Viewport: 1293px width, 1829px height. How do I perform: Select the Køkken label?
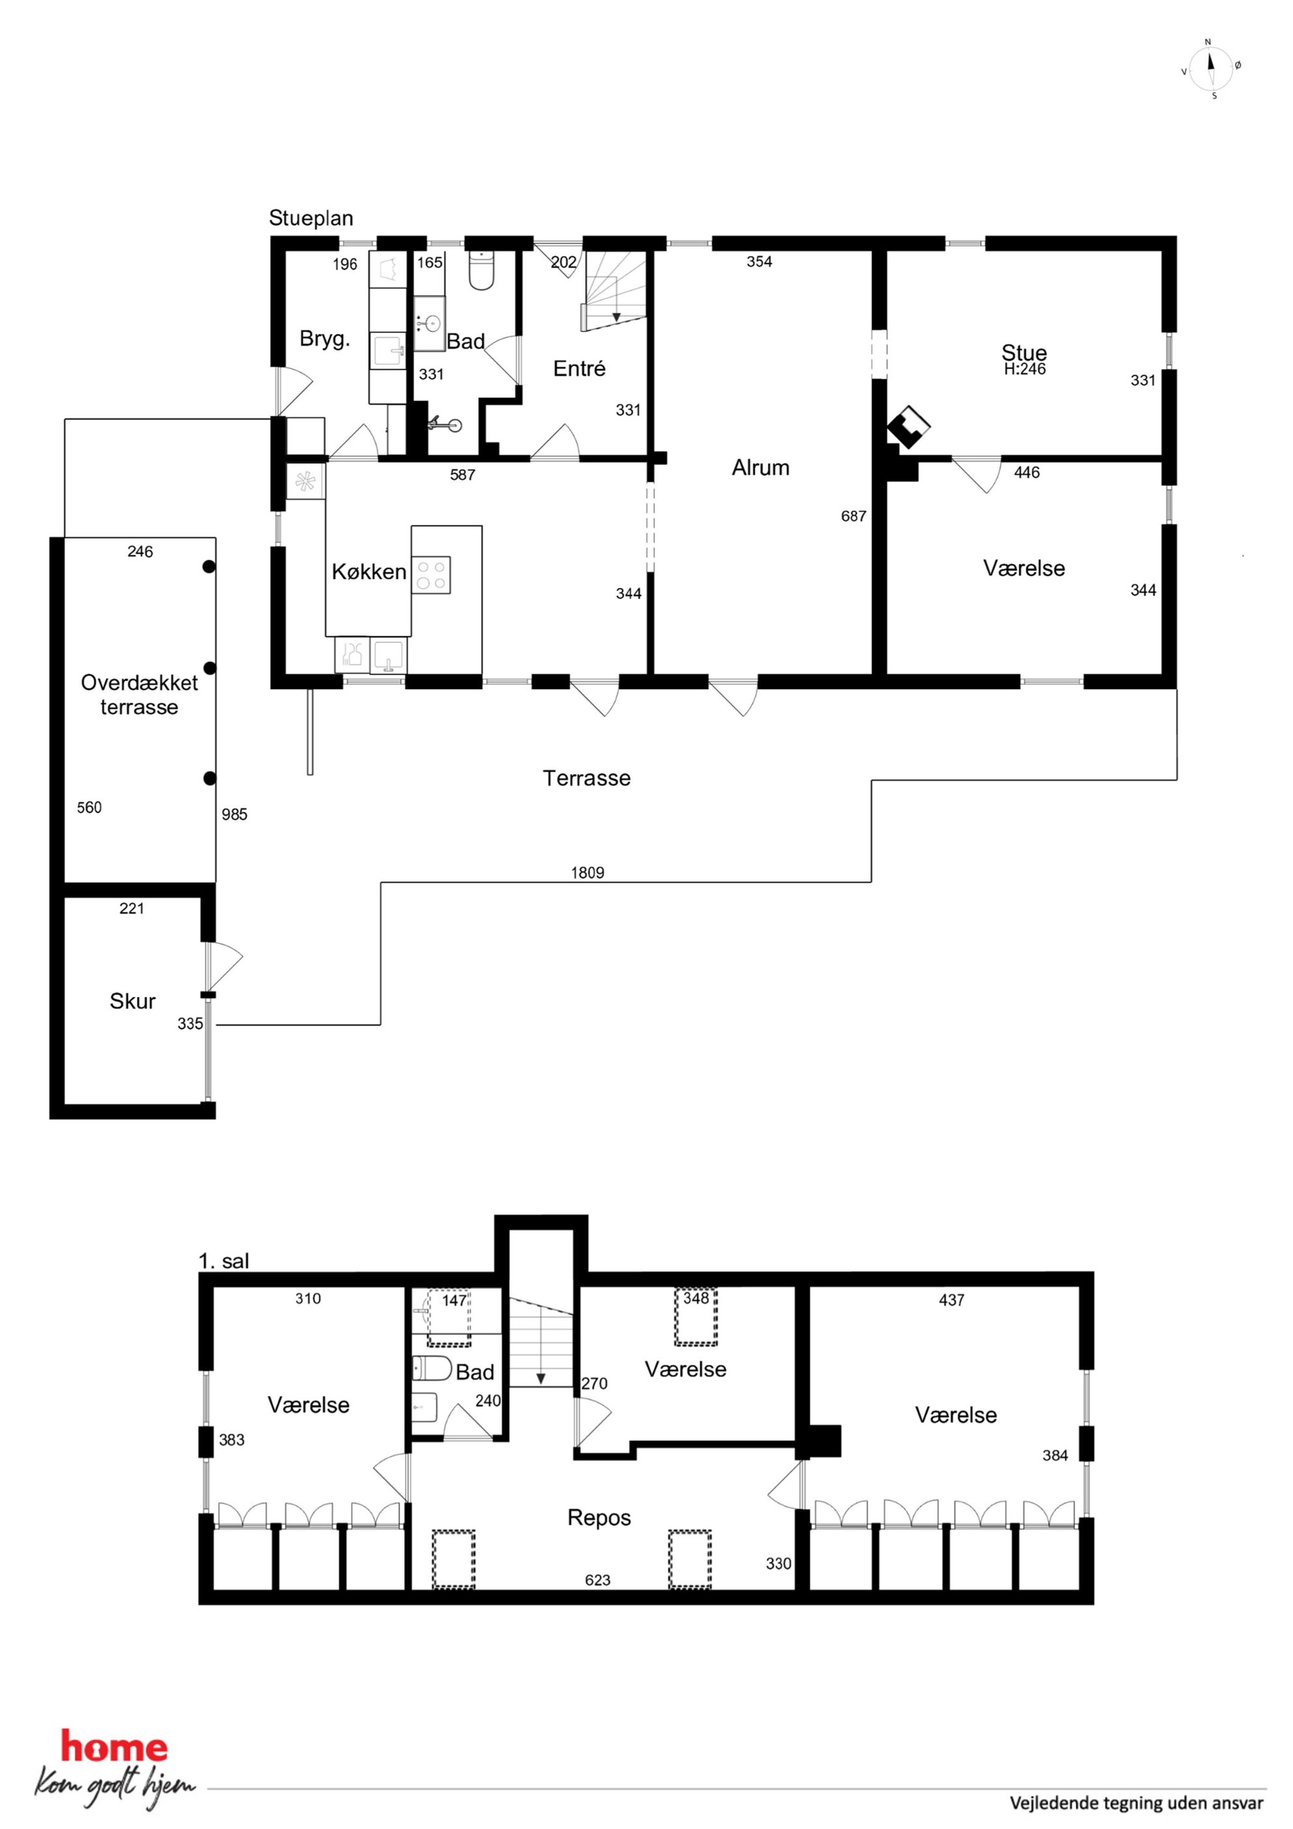[x=369, y=571]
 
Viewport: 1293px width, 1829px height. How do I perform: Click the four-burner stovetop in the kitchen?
[x=431, y=574]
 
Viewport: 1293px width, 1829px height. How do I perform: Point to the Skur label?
[x=132, y=1001]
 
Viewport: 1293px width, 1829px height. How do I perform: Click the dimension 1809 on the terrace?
[x=587, y=872]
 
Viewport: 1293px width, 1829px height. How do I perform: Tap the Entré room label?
[x=579, y=368]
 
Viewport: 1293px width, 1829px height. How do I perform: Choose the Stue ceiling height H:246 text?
[x=1024, y=369]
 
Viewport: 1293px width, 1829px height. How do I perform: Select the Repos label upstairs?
[x=599, y=1517]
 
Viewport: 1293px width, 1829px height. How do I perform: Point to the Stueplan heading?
[x=311, y=218]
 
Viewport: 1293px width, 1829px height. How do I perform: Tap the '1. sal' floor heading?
[x=224, y=1261]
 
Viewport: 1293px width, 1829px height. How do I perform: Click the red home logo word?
[x=115, y=1747]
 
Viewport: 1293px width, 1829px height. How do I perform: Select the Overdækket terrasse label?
[x=139, y=695]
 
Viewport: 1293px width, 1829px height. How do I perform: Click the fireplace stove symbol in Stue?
[x=909, y=426]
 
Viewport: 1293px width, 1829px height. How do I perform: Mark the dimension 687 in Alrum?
[x=853, y=516]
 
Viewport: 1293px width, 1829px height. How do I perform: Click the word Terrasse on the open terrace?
[x=587, y=778]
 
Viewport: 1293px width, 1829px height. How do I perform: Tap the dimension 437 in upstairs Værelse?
[x=952, y=1300]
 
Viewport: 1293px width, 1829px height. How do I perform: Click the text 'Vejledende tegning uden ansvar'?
[x=1137, y=1803]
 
